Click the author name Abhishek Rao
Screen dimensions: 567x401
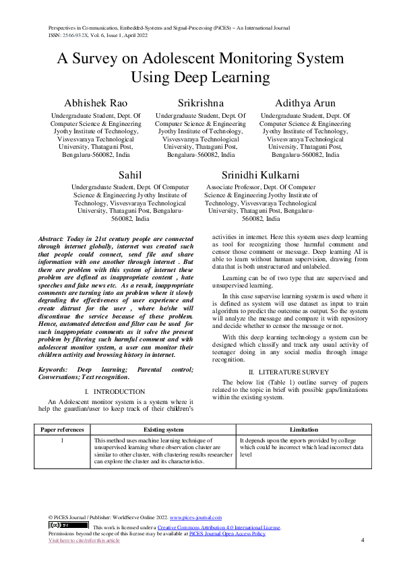[x=92, y=103]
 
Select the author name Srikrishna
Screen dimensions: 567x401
[x=200, y=103]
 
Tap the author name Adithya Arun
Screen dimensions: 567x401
[x=305, y=103]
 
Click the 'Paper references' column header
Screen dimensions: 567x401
[x=62, y=428]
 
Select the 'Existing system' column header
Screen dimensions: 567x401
[x=164, y=428]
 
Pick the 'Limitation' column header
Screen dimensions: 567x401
[x=304, y=428]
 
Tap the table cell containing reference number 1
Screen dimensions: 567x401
[x=62, y=440]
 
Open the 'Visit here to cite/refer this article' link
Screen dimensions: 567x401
[x=84, y=539]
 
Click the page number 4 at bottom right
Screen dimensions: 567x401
[x=362, y=539]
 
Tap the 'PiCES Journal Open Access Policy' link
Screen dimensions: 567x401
[x=227, y=533]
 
